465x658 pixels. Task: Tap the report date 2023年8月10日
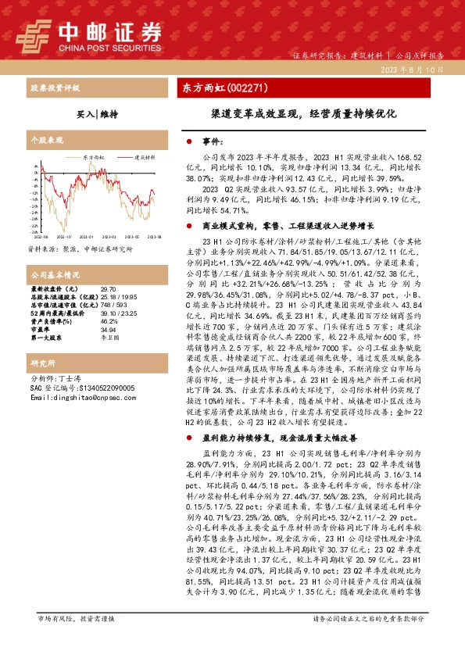point(414,70)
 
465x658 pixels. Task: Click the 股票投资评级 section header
point(53,87)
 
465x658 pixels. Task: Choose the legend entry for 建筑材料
point(141,156)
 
